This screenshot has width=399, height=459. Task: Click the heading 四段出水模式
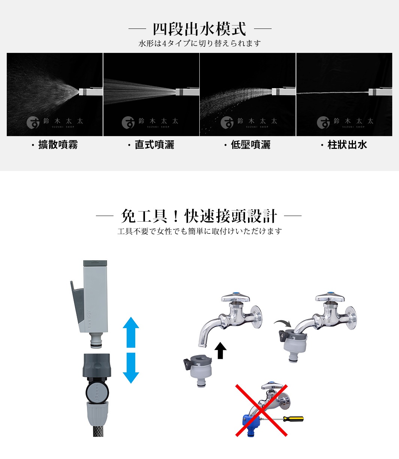point(199,29)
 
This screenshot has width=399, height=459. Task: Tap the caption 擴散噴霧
point(58,145)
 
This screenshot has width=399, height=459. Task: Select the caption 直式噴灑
point(154,145)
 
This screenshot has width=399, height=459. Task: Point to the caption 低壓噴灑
point(250,145)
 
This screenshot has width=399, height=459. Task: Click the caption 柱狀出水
point(347,145)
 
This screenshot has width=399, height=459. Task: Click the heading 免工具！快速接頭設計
point(199,216)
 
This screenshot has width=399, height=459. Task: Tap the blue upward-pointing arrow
point(131,332)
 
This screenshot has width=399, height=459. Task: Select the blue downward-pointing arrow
point(131,367)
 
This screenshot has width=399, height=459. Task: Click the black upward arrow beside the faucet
point(221,350)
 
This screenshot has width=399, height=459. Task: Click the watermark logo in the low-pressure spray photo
point(227,122)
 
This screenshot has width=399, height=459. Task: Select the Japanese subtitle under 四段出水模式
point(199,43)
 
